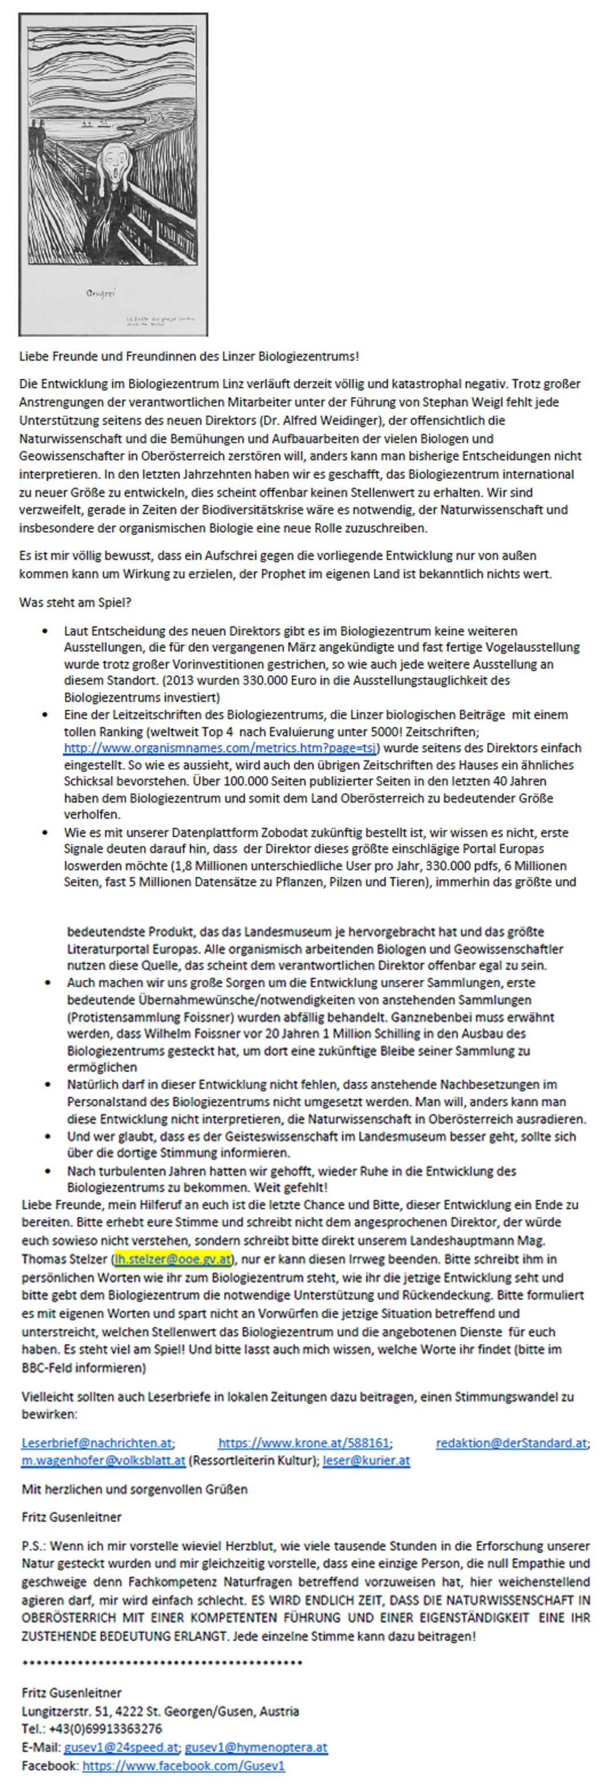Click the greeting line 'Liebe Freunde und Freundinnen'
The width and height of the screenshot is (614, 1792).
(x=188, y=356)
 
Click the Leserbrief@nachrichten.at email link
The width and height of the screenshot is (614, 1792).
(x=97, y=1443)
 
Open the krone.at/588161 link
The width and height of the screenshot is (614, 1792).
(x=304, y=1443)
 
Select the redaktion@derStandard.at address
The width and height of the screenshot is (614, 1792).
(x=511, y=1443)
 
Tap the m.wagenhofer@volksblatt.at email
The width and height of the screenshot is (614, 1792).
(x=103, y=1460)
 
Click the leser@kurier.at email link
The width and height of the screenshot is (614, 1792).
(x=366, y=1460)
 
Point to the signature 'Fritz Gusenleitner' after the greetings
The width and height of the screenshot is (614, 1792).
(x=72, y=1517)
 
